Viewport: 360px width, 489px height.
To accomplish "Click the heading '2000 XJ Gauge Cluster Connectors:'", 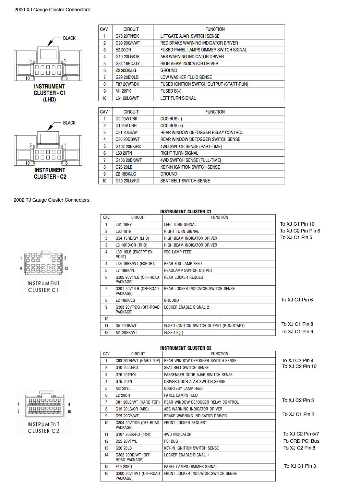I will [53, 10].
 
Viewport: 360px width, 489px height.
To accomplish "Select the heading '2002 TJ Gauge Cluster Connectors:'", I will [52, 200].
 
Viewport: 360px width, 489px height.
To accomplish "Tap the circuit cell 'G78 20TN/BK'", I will [127, 36].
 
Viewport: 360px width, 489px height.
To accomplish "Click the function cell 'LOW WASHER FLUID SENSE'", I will [186, 77].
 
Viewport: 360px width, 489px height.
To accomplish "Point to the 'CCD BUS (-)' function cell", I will [171, 119].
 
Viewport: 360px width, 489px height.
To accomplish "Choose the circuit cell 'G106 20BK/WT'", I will [129, 160].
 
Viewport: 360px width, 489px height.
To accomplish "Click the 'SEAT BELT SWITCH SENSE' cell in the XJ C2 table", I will [185, 181].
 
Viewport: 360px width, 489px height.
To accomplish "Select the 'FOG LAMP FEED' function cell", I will [178, 252].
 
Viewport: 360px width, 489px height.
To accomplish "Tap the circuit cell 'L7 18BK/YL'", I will [125, 271].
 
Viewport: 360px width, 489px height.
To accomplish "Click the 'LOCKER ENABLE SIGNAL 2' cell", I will [187, 307].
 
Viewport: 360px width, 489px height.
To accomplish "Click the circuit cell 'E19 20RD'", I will [124, 467].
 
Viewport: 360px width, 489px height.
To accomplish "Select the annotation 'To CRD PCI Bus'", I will [301, 441].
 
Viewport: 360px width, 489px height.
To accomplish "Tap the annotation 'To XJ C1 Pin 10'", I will [297, 224].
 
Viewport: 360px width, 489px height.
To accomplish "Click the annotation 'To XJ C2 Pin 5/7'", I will [301, 434].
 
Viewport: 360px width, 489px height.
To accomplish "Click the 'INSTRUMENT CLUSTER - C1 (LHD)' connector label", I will [49, 93].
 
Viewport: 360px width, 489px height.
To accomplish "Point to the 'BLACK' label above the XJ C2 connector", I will [69, 123].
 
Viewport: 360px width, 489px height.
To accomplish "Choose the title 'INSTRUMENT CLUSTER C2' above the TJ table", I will [186, 348].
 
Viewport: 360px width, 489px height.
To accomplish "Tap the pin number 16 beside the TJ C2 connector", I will [69, 412].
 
